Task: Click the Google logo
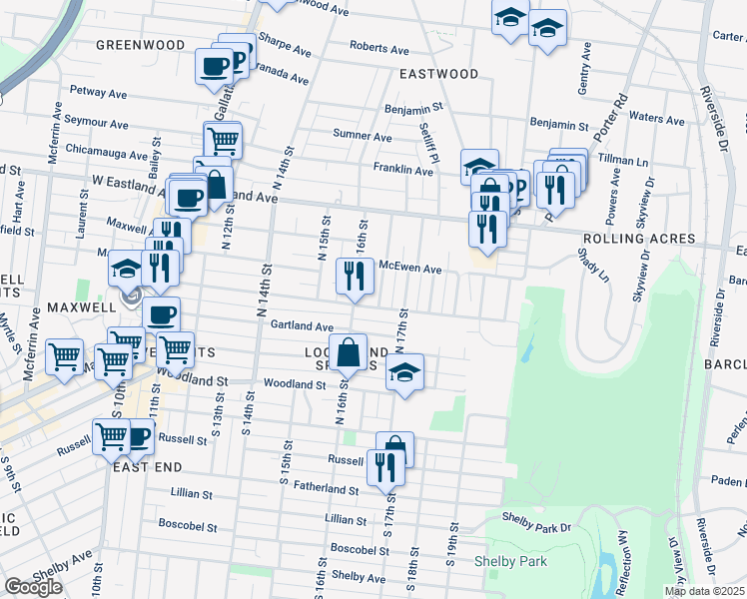tap(33, 587)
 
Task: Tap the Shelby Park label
tap(510, 562)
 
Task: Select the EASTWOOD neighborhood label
tap(438, 74)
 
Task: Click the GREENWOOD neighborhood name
tap(141, 45)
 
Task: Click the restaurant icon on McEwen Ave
tap(354, 277)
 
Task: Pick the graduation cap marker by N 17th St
tap(403, 373)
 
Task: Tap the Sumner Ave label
tap(362, 136)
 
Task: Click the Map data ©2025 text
tap(704, 591)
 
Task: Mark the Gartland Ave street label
tap(302, 326)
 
